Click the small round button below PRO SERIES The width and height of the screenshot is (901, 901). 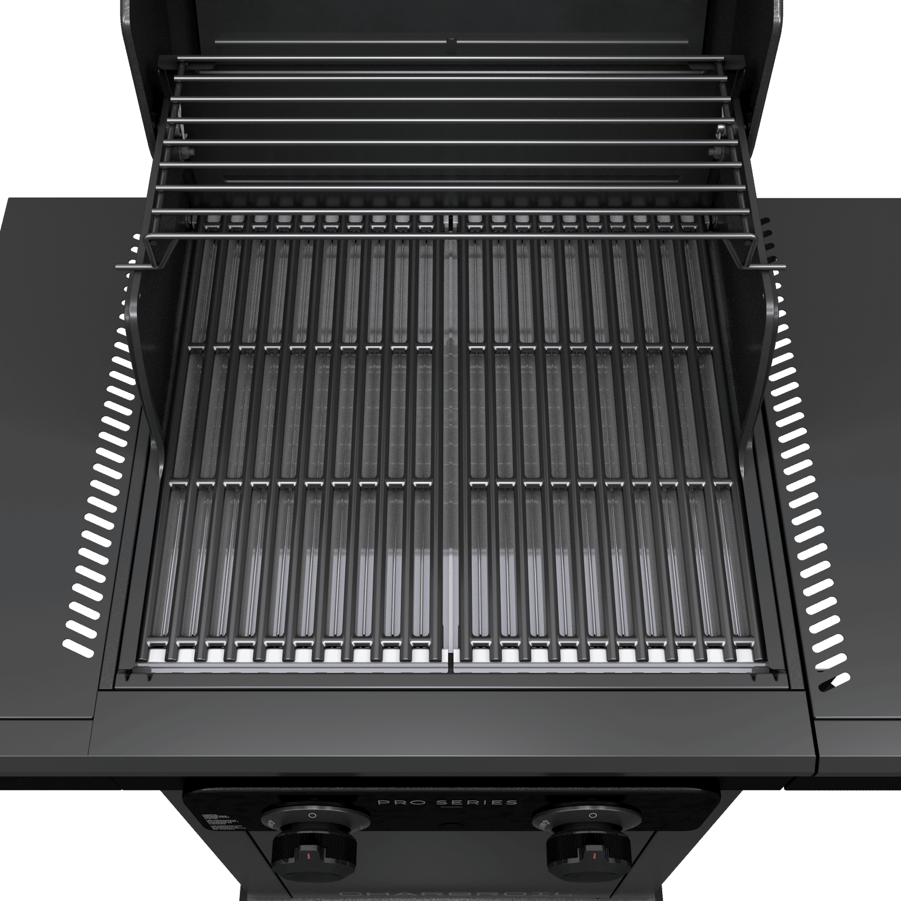[x=450, y=819]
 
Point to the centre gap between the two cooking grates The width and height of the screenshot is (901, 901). [x=450, y=450]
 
